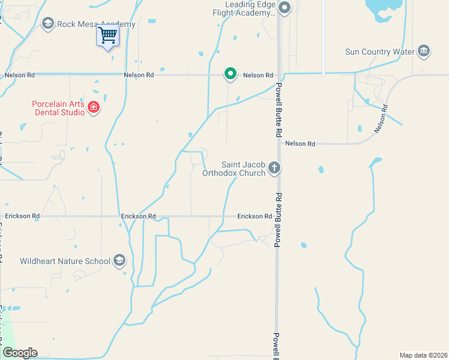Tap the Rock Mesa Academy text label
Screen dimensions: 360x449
tap(96, 25)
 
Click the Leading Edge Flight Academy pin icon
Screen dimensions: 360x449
tap(285, 8)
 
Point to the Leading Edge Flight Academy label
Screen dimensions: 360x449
tap(246, 8)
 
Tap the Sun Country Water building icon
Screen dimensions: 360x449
tap(424, 50)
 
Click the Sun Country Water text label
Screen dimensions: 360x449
tap(380, 52)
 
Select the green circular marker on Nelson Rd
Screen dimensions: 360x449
tap(230, 74)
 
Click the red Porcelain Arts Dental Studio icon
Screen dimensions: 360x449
tap(93, 107)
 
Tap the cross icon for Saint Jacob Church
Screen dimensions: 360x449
tap(274, 167)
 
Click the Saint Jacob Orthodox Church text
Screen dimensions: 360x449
tap(243, 169)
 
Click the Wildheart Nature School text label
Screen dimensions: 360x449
tap(65, 261)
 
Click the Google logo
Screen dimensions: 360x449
tap(20, 353)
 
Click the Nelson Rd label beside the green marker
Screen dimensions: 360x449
tap(258, 76)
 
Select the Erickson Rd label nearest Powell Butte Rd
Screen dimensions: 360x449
tap(255, 216)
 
